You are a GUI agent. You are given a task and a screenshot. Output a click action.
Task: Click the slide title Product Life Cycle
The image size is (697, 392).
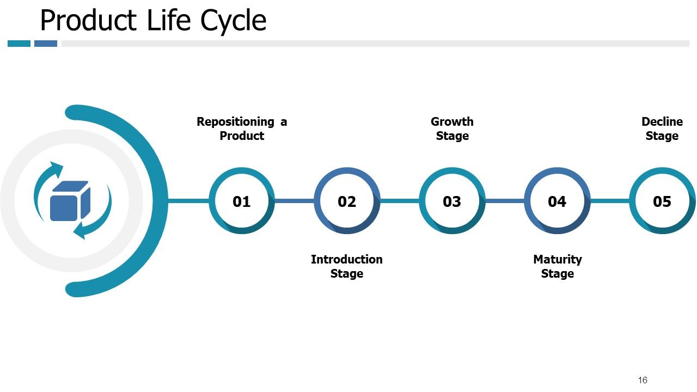coord(153,21)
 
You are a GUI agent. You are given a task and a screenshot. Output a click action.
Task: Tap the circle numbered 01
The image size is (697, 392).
coord(241,201)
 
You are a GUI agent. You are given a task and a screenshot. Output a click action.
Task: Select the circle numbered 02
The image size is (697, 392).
coord(346,201)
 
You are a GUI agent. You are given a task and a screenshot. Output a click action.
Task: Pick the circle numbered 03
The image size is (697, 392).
coord(451,201)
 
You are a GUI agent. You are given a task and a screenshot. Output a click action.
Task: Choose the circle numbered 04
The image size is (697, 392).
coord(557,201)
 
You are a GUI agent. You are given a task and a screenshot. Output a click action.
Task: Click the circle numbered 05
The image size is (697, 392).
coord(662,201)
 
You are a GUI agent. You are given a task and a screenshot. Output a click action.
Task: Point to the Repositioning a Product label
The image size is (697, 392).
coord(241,128)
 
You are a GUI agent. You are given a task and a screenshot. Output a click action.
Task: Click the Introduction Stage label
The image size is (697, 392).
coord(346,266)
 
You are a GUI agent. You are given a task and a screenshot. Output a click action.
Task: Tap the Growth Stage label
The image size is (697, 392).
coord(452,128)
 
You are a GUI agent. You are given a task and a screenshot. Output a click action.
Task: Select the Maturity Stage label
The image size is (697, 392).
coord(557,266)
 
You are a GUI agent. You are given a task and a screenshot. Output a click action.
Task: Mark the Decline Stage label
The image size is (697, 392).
coord(662,128)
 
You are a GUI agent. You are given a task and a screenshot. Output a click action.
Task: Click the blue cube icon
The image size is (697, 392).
coord(70,201)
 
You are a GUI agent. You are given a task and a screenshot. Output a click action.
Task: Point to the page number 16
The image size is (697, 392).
coord(643,380)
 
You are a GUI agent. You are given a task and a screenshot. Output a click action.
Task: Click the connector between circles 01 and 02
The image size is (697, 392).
coord(294,201)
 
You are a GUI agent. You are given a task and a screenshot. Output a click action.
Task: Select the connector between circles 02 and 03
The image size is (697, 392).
coord(399,201)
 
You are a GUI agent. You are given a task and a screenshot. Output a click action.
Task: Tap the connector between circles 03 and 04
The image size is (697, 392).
coord(504,201)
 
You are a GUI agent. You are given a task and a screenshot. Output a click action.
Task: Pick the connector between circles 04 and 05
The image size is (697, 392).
coord(609,201)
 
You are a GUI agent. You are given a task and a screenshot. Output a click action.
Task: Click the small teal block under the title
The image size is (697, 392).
coord(19,44)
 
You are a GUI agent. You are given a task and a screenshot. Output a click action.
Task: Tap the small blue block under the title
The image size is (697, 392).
coord(46,44)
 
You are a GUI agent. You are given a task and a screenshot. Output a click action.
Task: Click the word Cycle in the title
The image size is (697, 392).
coord(234,21)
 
